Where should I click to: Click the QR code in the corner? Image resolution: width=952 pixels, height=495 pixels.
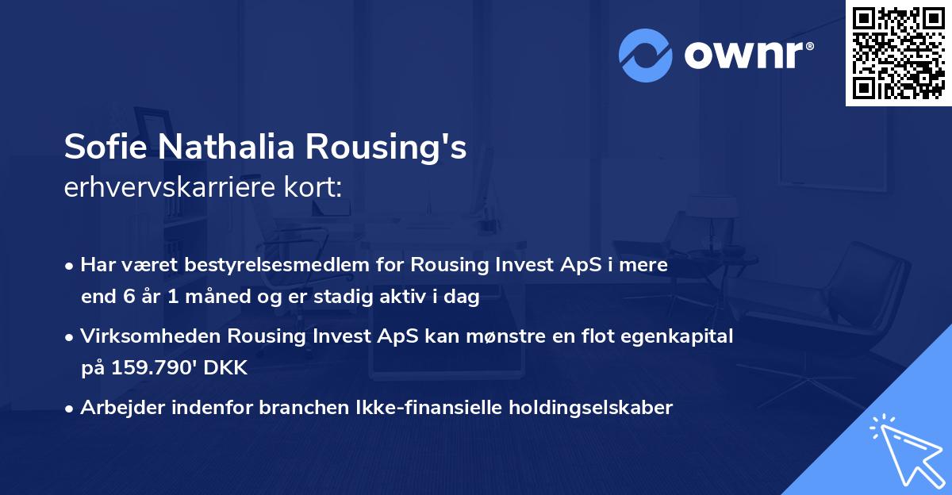click(898, 52)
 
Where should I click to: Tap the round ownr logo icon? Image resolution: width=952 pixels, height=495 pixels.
click(647, 54)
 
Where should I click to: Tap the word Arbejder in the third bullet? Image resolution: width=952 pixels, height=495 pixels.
click(114, 408)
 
